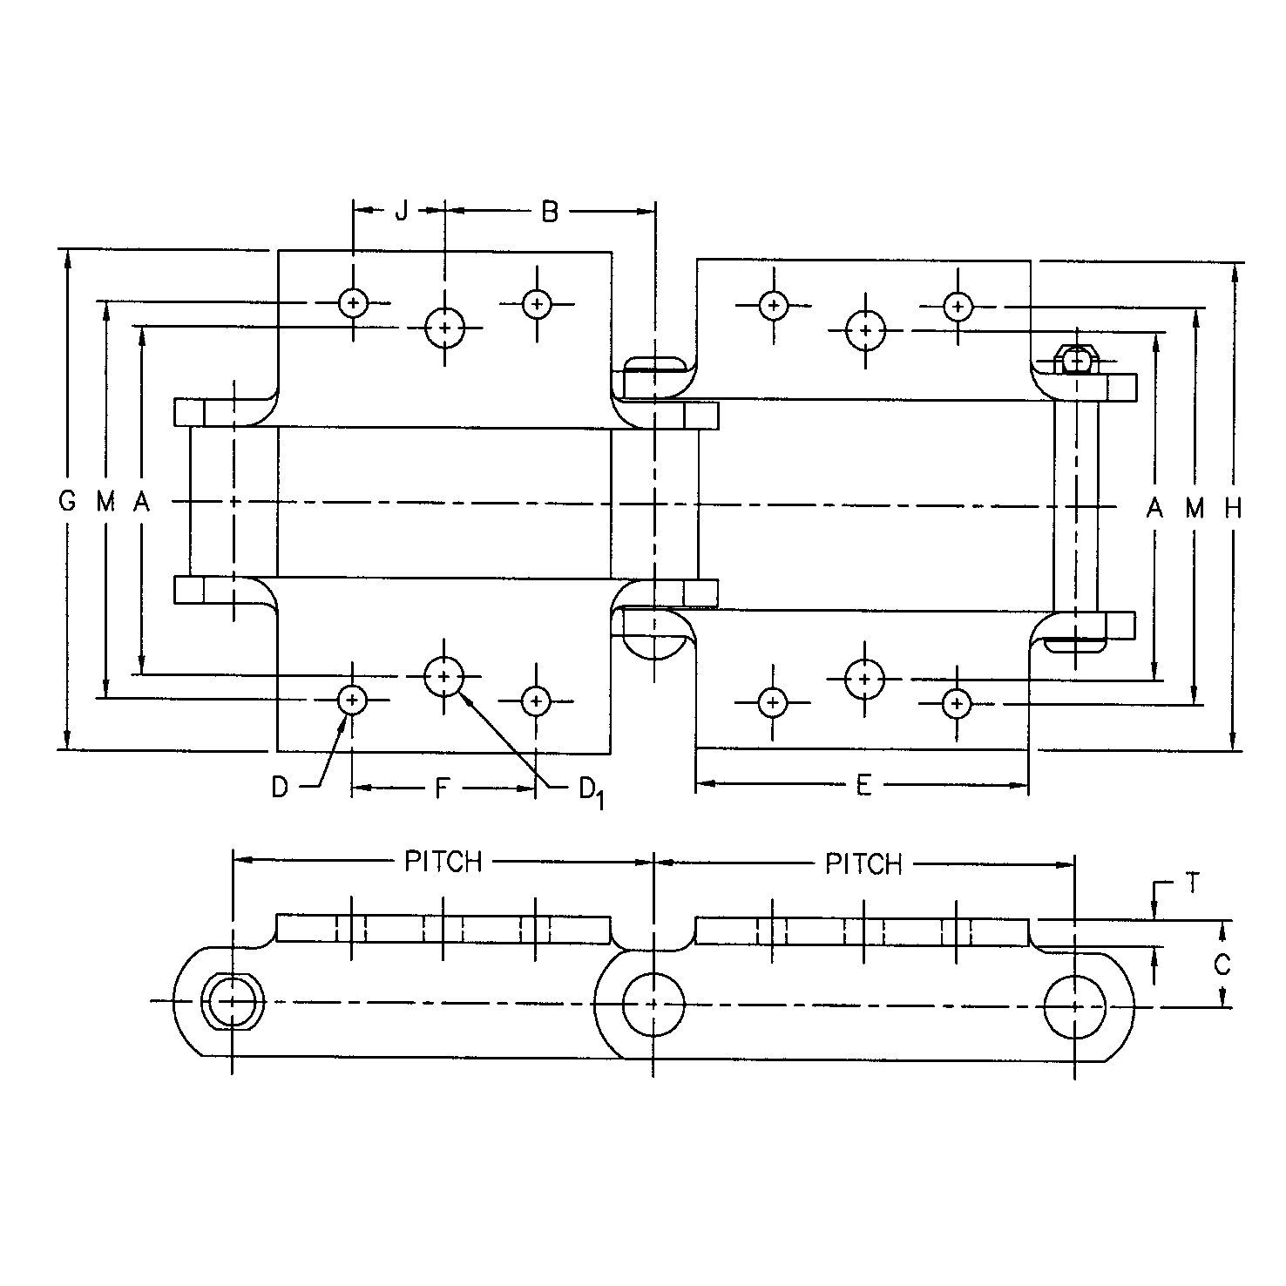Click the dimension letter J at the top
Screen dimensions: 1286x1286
400,211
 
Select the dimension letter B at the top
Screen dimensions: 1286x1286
549,211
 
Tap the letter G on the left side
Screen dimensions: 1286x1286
66,502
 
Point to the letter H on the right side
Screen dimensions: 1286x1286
1233,508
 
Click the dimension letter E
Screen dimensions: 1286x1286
863,786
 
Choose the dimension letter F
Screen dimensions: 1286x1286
442,789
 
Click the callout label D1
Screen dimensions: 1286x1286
590,791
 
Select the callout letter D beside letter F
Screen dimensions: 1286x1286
280,788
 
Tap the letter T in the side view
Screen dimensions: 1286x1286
1192,884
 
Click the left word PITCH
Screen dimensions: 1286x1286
443,862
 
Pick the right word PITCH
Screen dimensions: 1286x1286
863,864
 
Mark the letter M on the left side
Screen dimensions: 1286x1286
105,502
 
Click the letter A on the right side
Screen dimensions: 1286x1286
1154,508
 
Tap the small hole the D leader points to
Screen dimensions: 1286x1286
352,699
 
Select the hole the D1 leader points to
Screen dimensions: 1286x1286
444,676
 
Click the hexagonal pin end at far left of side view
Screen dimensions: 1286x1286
232,1002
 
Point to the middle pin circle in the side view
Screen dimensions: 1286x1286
653,1004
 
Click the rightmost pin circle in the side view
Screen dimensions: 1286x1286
1074,1006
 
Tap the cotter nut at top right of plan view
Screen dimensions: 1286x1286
1079,359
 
